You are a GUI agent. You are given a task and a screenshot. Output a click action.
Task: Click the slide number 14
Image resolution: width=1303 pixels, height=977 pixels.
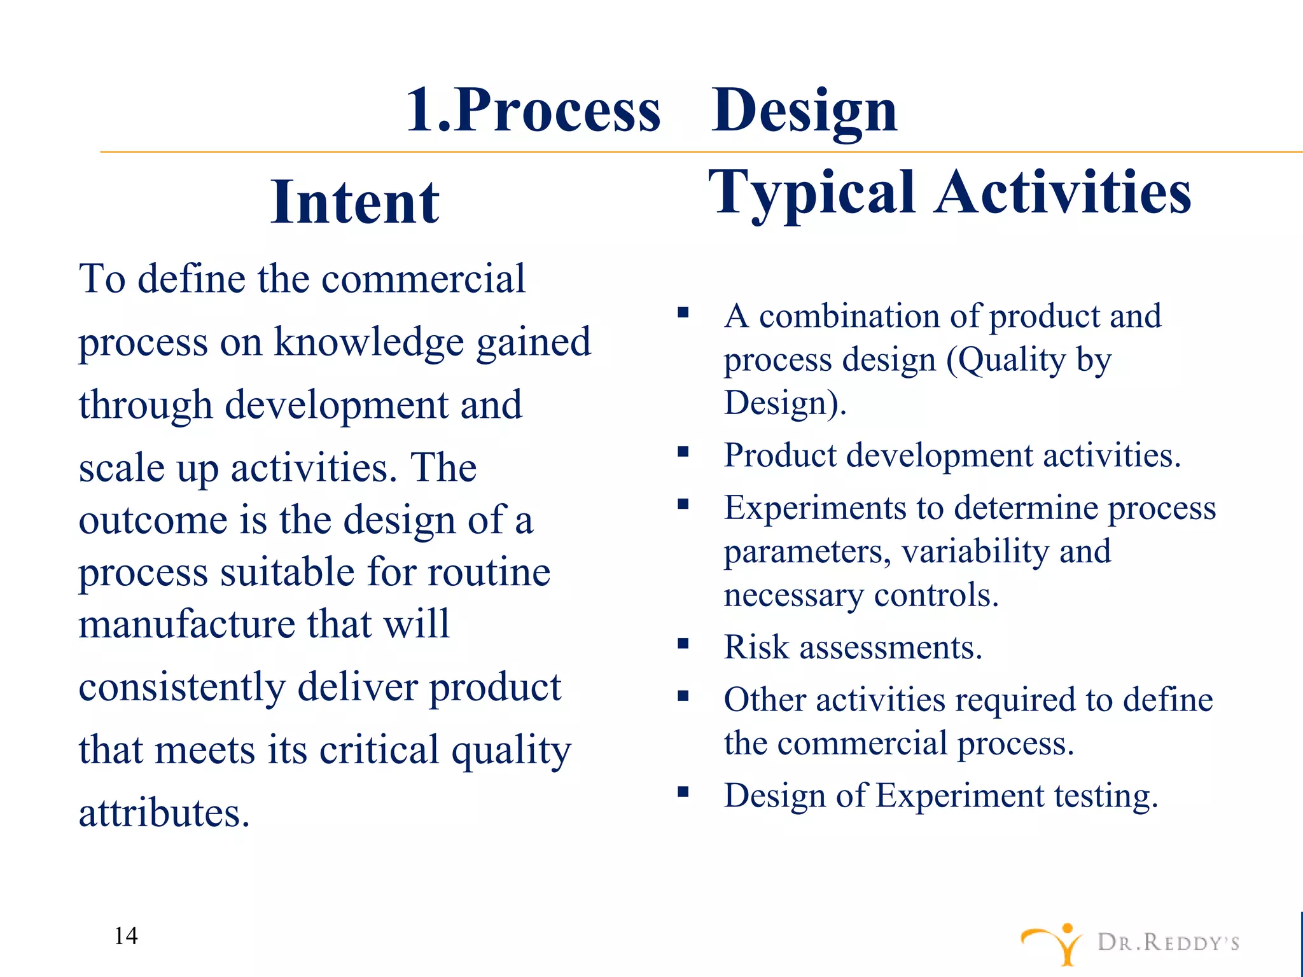126,936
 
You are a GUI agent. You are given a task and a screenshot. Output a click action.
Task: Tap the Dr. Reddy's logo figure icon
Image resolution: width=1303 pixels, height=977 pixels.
1054,943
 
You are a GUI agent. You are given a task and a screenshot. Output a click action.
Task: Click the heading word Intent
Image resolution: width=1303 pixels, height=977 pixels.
354,202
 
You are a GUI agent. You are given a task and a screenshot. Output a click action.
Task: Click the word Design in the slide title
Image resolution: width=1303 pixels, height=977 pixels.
804,111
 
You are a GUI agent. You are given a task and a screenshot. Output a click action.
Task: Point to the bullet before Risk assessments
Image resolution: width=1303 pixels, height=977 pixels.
683,643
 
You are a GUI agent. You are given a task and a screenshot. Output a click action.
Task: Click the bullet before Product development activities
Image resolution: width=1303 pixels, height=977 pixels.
683,452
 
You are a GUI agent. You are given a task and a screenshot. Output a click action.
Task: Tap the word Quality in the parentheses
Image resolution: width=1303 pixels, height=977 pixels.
1011,360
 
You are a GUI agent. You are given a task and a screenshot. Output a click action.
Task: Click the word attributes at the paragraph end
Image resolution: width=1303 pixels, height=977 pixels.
164,813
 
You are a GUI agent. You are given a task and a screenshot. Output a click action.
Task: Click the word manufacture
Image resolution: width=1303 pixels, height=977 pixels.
186,623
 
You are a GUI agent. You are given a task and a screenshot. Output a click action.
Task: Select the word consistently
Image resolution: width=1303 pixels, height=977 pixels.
182,687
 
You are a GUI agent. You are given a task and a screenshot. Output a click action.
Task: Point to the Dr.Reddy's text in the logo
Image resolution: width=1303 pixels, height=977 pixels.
1168,942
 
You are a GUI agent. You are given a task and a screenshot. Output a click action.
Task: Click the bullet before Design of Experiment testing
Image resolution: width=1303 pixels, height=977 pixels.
683,792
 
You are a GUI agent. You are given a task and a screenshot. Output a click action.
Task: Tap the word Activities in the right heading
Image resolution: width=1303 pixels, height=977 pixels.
1063,192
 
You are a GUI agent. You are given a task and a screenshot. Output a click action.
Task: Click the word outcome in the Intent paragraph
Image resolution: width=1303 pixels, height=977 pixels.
153,520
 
